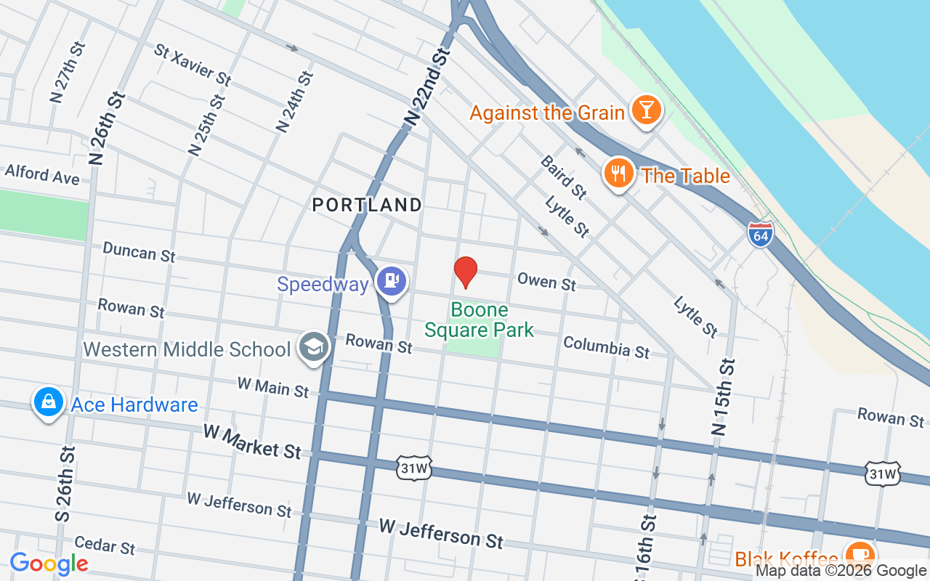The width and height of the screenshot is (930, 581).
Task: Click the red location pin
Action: tap(465, 271)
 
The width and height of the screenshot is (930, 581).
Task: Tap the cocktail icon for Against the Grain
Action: tap(645, 111)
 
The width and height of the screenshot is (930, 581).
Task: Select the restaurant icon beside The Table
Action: tap(618, 174)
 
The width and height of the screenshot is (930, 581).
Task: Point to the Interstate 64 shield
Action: tap(760, 234)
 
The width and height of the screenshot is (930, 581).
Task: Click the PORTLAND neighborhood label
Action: tap(367, 206)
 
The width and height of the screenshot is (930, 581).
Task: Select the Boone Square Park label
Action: tap(479, 320)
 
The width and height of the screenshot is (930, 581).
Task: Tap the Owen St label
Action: tap(546, 281)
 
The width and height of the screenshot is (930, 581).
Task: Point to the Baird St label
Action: tap(563, 177)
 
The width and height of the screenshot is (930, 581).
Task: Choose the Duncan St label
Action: tap(139, 252)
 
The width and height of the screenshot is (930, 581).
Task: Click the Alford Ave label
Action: tap(41, 174)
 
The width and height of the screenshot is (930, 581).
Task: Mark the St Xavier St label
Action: tap(193, 64)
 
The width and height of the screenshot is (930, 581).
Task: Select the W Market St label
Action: tap(251, 442)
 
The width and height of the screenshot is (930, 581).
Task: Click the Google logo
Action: tap(49, 564)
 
